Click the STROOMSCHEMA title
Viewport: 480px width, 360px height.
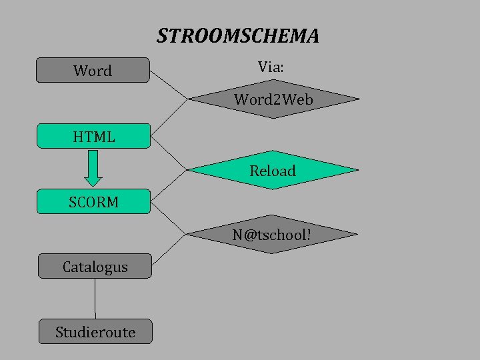[x=238, y=35]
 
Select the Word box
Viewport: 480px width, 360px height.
[x=93, y=70]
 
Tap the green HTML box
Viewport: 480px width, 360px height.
[x=93, y=136]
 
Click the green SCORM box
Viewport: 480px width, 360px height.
[x=93, y=201]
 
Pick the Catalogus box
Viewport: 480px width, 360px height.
[x=95, y=267]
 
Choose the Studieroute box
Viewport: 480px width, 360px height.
[x=95, y=331]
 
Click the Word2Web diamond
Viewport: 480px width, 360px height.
[x=273, y=100]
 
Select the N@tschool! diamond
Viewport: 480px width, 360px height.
[x=271, y=235]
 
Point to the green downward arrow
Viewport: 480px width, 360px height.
[x=94, y=167]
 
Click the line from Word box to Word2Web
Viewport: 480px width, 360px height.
[x=169, y=84]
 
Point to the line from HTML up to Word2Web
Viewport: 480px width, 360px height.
[x=169, y=117]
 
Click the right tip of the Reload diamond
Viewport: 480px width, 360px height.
[x=357, y=171]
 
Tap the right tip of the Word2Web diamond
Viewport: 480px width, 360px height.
[x=358, y=100]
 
